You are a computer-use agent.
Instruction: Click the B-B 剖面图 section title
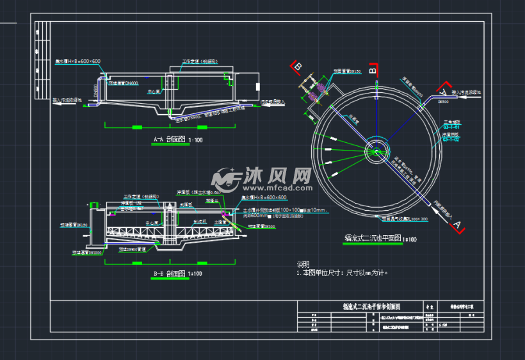click(x=168, y=274)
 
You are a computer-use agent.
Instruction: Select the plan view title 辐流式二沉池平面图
click(x=372, y=238)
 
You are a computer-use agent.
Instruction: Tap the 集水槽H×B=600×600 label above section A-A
click(x=77, y=61)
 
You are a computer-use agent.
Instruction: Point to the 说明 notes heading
click(x=303, y=264)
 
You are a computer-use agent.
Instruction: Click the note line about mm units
click(x=342, y=272)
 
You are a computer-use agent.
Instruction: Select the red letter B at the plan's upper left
click(x=296, y=66)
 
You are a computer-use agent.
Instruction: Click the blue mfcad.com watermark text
click(x=268, y=188)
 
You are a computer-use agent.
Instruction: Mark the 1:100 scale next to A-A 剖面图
click(x=195, y=140)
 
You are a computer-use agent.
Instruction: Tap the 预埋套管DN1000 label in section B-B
click(x=90, y=252)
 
